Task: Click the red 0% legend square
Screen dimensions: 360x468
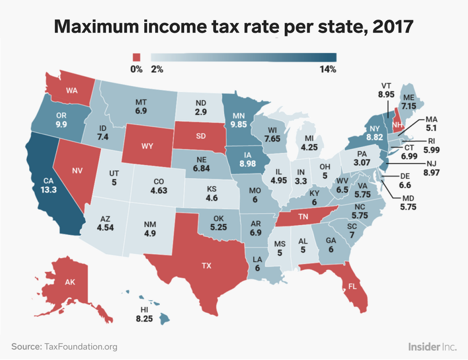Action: (136, 57)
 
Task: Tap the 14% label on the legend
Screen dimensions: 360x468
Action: (328, 70)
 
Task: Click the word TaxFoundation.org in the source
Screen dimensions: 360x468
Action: (80, 346)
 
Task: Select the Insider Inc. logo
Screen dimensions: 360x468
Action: (432, 346)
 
